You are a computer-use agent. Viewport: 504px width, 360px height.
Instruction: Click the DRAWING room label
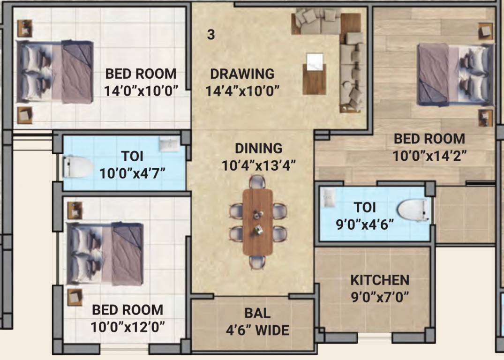tap(242, 74)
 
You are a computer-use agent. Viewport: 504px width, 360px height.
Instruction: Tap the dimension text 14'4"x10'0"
tap(242, 90)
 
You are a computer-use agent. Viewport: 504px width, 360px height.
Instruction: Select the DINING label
tap(258, 149)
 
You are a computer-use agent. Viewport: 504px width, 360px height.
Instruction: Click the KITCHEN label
tap(380, 280)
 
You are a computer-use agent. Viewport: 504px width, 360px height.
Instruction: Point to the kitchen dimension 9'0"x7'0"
tap(380, 296)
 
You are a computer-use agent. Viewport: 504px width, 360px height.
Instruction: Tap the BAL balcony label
tap(257, 313)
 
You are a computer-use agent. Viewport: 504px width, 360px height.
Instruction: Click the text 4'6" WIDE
tap(257, 330)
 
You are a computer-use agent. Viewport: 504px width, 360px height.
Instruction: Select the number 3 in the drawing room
tap(211, 35)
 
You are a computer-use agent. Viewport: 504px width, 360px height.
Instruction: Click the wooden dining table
tap(257, 222)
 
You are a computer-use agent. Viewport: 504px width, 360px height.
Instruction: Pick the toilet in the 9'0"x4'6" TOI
tap(413, 210)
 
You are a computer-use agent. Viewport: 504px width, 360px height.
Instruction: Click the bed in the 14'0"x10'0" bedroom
tap(55, 72)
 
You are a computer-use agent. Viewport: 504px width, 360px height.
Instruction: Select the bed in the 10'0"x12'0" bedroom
tap(105, 254)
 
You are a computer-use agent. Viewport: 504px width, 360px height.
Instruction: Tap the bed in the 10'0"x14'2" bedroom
tap(455, 74)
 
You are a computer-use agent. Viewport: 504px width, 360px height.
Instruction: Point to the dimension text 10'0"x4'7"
tap(132, 173)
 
